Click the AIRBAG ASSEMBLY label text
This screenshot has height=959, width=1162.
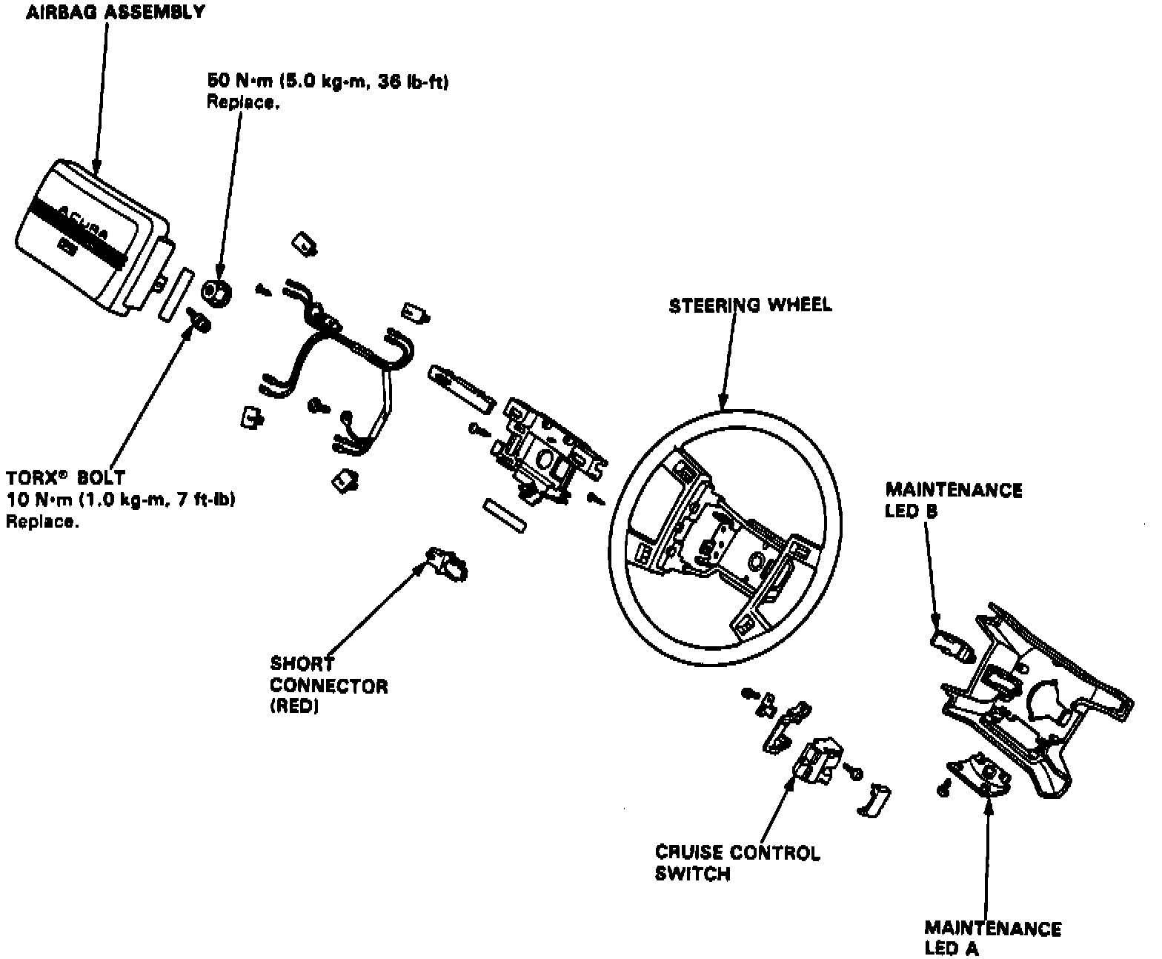pos(116,13)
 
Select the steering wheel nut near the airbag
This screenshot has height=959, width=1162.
pos(216,291)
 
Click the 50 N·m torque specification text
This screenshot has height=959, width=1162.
pos(328,82)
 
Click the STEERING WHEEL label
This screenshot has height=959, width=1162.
pos(750,305)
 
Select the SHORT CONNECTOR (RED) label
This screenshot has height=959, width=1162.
pos(328,685)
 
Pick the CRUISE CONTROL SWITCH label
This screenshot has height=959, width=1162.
pos(737,863)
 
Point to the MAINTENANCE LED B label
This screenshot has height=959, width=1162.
pos(953,500)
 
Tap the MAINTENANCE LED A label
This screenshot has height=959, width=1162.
pos(992,938)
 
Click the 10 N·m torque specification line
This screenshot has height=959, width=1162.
pos(121,500)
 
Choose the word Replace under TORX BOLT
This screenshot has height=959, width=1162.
pos(42,522)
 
